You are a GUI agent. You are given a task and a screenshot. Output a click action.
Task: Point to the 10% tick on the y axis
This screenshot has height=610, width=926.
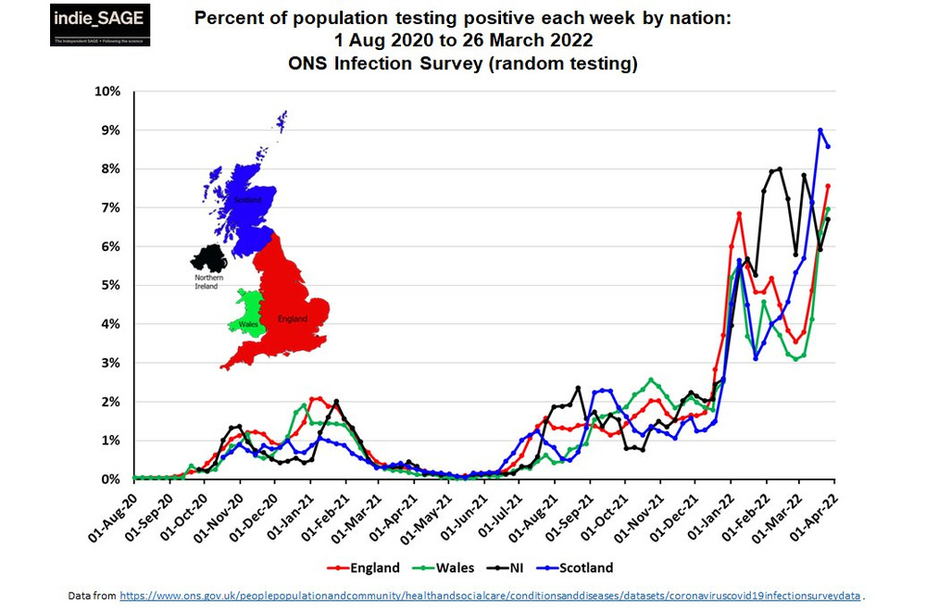[108, 92]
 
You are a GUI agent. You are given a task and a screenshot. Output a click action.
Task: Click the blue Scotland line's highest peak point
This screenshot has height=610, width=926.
[820, 131]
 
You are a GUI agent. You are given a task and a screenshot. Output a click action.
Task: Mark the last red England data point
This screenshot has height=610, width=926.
[828, 186]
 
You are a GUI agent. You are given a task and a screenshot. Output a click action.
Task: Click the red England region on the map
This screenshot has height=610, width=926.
[292, 296]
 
